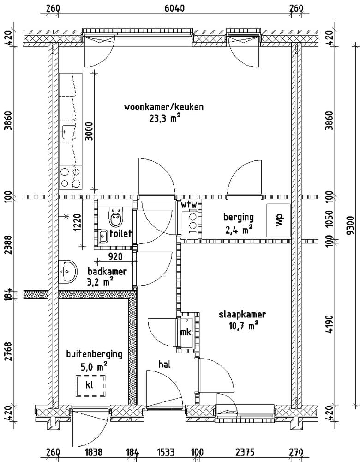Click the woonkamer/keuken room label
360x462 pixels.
(164, 107)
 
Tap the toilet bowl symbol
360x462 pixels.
(115, 217)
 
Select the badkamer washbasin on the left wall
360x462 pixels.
(68, 271)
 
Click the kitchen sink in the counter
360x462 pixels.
(70, 132)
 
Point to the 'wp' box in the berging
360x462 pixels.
(278, 220)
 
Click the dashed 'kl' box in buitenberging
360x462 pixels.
(90, 386)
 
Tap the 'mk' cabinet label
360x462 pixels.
(186, 333)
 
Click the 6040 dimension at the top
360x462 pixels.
(174, 8)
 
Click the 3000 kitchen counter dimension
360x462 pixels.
(89, 131)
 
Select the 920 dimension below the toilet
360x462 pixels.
(115, 256)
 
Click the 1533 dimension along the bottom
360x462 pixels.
(166, 452)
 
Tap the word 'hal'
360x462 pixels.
(165, 365)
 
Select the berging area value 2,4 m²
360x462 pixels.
(239, 230)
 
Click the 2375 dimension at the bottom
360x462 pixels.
(245, 452)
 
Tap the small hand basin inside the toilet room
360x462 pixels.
(102, 236)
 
